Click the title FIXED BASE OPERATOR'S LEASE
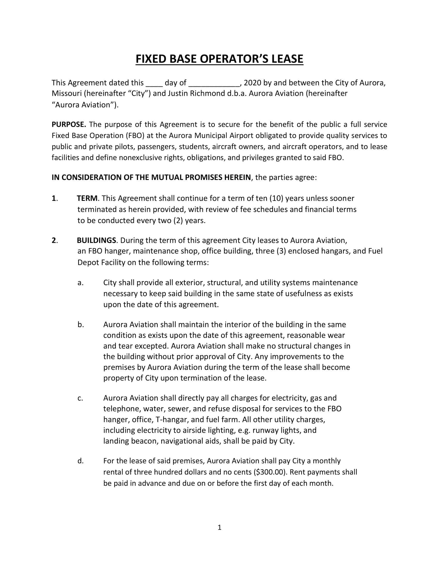pyautogui.click(x=219, y=59)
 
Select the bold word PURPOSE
pyautogui.click(x=69, y=125)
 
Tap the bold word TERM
pyautogui.click(x=87, y=199)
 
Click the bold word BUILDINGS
pyautogui.click(x=96, y=240)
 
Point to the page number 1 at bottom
pyautogui.click(x=219, y=527)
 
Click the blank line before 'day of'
pyautogui.click(x=154, y=84)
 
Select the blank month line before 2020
pyautogui.click(x=214, y=84)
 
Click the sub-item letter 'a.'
pyautogui.click(x=80, y=283)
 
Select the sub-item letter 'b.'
pyautogui.click(x=80, y=325)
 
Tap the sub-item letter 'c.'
pyautogui.click(x=80, y=398)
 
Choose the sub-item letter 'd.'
pyautogui.click(x=80, y=461)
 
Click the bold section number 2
pyautogui.click(x=54, y=240)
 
